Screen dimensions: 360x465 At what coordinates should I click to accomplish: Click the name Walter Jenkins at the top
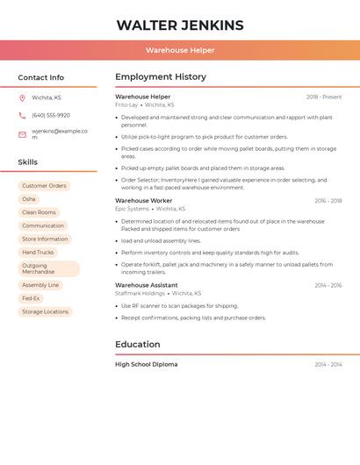point(180,25)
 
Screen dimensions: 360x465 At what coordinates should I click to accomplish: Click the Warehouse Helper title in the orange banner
point(180,51)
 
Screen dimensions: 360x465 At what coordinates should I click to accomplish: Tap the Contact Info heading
point(41,77)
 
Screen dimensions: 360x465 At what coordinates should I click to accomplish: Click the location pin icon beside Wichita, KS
point(22,97)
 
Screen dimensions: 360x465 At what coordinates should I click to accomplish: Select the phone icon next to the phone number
point(22,115)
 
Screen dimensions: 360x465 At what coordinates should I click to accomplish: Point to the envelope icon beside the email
point(22,134)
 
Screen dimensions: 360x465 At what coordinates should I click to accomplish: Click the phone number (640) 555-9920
point(51,115)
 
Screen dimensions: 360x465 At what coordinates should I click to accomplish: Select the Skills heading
point(28,162)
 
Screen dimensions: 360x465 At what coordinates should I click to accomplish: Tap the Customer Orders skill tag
point(44,186)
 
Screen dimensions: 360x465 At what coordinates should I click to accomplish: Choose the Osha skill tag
point(29,199)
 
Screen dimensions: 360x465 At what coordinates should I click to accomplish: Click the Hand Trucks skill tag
point(38,253)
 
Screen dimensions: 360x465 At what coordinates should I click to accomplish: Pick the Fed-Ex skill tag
point(31,298)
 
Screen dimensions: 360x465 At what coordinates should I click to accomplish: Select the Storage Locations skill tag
point(45,311)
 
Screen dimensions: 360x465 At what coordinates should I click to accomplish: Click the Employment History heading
point(161,77)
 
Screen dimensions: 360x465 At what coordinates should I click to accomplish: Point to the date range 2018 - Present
point(324,97)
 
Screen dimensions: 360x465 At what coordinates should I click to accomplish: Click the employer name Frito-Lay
point(126,104)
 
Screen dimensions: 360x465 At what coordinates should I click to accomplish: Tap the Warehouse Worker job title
point(144,201)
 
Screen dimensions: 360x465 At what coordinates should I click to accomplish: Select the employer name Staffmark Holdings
point(140,293)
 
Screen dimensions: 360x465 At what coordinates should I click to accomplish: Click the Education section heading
point(138,344)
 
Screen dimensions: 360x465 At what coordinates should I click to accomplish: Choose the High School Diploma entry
point(147,364)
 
